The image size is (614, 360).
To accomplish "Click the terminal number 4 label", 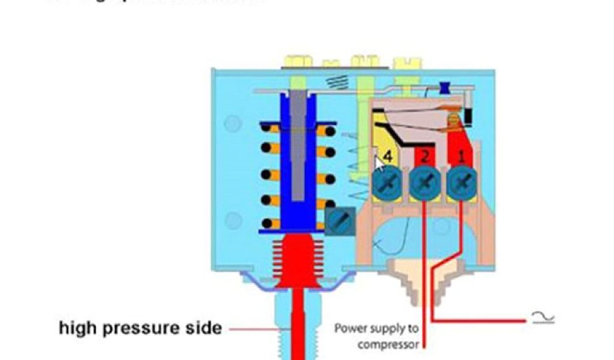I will pos(388,157).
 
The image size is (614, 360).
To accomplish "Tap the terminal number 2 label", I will pos(425,157).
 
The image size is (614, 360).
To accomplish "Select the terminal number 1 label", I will pos(461,157).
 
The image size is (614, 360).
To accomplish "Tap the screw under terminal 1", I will pos(461,181).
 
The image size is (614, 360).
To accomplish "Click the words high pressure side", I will pos(140,328).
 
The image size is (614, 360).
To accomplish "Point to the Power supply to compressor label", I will pos(376,336).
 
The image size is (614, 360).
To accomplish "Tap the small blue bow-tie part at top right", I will pos(446,88).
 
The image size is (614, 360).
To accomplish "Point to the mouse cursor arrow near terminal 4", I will pos(378,161).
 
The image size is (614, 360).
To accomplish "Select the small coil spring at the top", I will pos(333,80).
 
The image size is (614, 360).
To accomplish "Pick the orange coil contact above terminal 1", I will pos(454,122).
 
